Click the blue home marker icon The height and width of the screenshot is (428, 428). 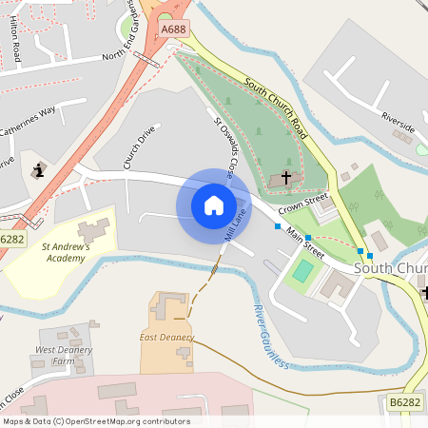213,204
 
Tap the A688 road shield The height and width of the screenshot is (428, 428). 173,30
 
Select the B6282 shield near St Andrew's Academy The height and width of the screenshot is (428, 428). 12,240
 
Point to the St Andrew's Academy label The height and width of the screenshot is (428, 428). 66,251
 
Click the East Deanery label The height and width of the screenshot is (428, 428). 166,338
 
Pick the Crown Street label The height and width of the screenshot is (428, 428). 302,204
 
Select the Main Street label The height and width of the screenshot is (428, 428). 305,243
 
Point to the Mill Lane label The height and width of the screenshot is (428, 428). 234,224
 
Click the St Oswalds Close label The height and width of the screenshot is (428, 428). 224,148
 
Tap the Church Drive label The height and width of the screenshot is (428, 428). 139,147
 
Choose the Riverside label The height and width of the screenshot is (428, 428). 398,121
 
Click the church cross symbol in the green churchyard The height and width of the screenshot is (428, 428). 285,178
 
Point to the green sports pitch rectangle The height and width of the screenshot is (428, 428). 302,271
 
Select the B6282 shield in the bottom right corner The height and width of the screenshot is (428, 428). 405,403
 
